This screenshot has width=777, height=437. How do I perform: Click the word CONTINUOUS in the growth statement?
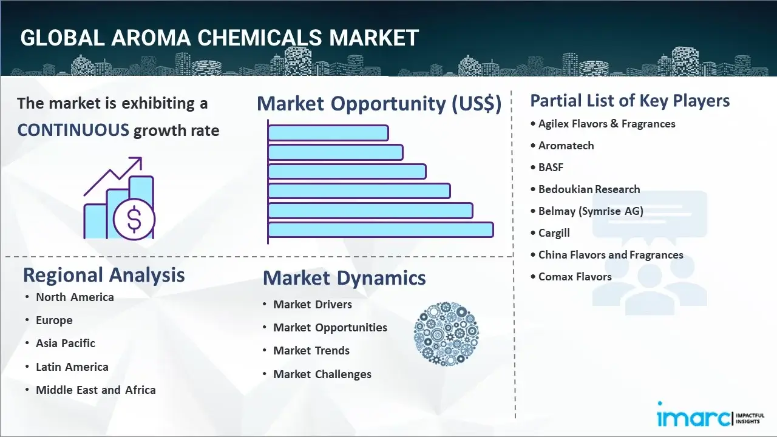click(73, 130)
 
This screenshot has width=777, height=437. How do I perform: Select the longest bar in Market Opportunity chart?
click(381, 229)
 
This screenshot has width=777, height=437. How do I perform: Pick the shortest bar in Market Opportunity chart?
click(328, 132)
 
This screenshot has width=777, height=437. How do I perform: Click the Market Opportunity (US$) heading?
click(379, 104)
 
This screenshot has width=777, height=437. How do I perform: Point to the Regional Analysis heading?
click(104, 275)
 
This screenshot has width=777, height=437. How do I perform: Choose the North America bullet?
click(75, 297)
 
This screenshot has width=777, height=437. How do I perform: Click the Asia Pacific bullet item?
click(66, 343)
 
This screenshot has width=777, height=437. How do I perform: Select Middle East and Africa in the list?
click(95, 390)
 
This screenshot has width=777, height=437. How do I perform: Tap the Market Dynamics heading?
click(344, 278)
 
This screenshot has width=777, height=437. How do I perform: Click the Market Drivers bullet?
click(312, 304)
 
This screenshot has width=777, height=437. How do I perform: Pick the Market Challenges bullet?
click(322, 374)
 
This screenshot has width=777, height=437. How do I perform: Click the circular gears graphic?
click(446, 334)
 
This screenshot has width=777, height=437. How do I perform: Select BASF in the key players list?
click(551, 167)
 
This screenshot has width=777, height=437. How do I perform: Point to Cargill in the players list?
click(554, 232)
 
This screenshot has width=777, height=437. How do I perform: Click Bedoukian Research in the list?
click(589, 189)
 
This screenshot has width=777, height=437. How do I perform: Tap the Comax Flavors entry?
click(575, 276)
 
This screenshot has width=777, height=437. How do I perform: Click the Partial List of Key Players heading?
click(630, 100)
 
